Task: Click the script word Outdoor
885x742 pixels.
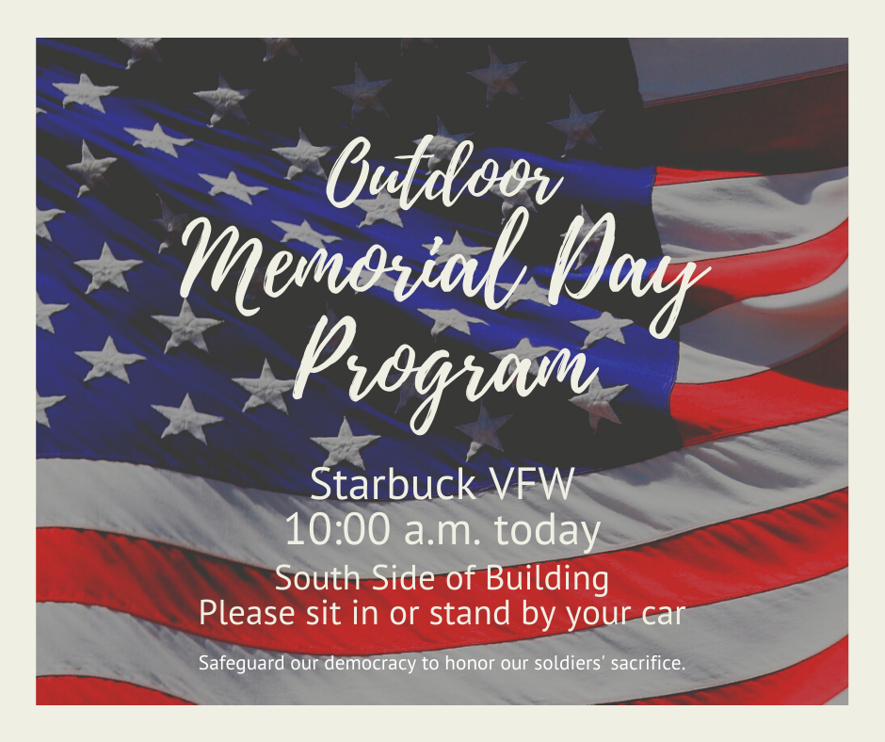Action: [x=444, y=172]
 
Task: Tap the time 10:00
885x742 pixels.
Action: [x=337, y=530]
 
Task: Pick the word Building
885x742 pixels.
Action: [x=547, y=579]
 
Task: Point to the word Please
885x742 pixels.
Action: [x=247, y=613]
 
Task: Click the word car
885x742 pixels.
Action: [x=667, y=615]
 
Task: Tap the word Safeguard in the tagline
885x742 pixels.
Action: [x=242, y=663]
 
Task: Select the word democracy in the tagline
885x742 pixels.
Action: [x=370, y=663]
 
